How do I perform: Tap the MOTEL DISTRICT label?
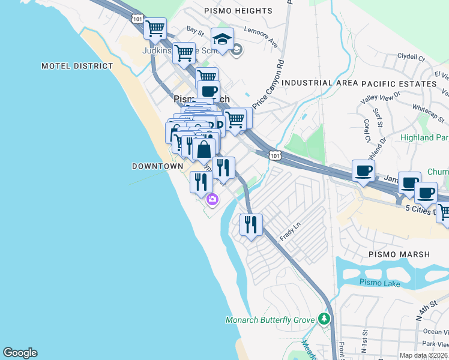pyautogui.click(x=77, y=66)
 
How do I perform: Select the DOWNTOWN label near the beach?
pyautogui.click(x=157, y=166)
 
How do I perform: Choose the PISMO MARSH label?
pyautogui.click(x=399, y=254)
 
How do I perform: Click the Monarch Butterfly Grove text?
pyautogui.click(x=270, y=320)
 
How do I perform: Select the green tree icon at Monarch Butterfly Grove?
pyautogui.click(x=325, y=318)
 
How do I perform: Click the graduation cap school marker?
pyautogui.click(x=222, y=39)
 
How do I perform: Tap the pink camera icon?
pyautogui.click(x=211, y=199)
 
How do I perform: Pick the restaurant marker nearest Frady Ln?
pyautogui.click(x=251, y=224)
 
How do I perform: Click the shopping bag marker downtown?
pyautogui.click(x=204, y=149)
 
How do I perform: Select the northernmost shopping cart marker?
pyautogui.click(x=155, y=28)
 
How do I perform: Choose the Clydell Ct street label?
pyautogui.click(x=411, y=58)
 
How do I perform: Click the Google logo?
pyautogui.click(x=20, y=353)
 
